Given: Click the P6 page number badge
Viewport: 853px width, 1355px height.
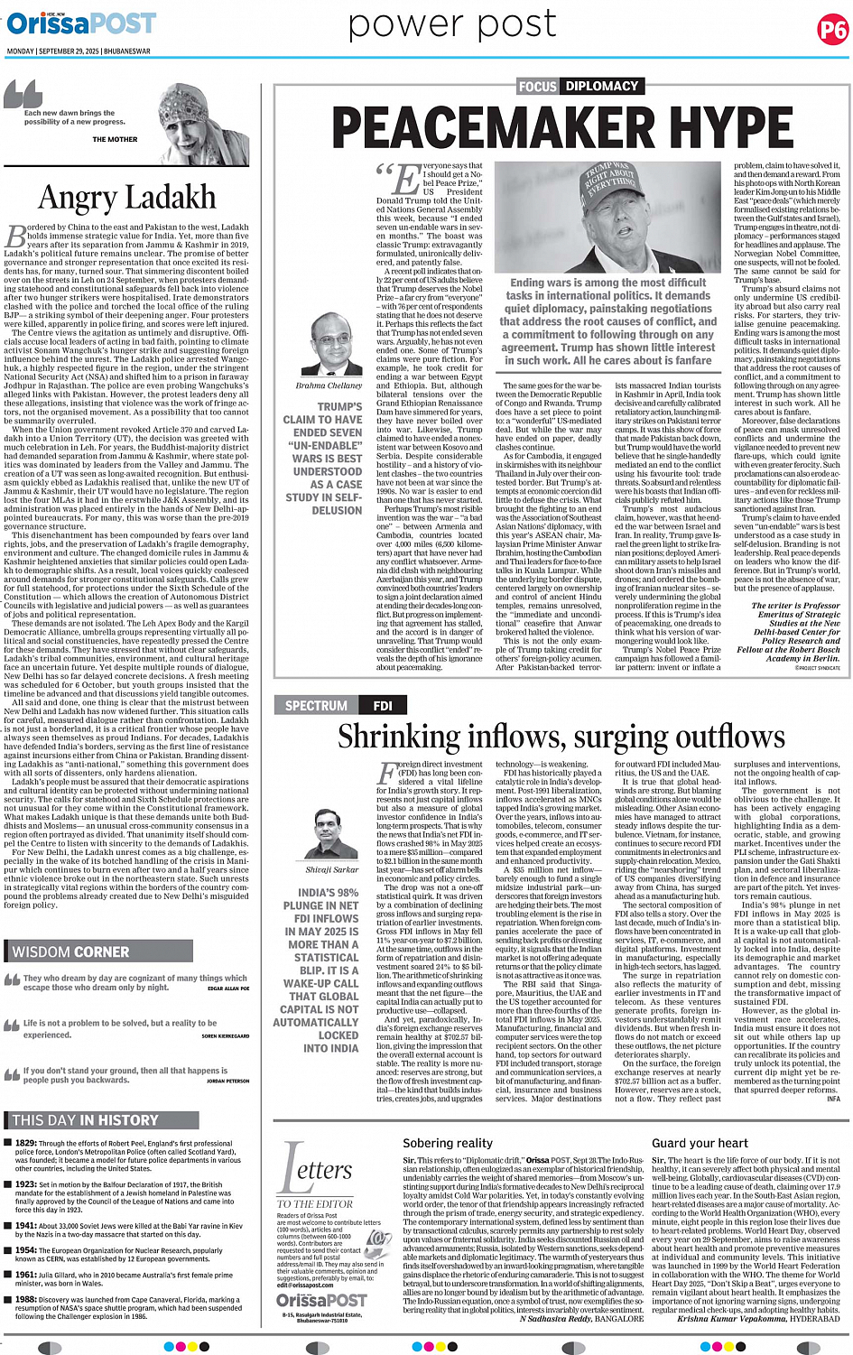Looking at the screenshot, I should pos(831,31).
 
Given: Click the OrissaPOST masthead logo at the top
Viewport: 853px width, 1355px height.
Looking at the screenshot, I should pos(81,23).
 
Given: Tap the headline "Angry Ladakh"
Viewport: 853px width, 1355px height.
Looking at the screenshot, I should pos(127,197).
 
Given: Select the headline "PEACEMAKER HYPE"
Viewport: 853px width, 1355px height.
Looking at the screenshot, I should pos(561,126).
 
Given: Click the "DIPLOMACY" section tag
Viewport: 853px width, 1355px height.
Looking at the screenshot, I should pos(601,86).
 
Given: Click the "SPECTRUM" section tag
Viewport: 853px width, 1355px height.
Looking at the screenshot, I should pos(316,706).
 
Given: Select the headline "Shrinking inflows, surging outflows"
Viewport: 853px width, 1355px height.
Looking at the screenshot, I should pos(560,738).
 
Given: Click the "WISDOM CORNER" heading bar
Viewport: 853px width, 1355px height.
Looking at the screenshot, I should pos(71,951).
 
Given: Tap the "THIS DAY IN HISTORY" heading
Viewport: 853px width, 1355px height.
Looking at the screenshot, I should pos(86,1120).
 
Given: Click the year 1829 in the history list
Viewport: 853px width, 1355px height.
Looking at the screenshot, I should pos(25,1143).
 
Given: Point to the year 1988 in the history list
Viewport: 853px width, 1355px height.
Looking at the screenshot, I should pos(25,1300).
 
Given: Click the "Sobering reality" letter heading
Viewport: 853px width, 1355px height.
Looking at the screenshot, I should pos(448,1143).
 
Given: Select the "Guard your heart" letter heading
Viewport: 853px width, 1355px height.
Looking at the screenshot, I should pos(700,1143).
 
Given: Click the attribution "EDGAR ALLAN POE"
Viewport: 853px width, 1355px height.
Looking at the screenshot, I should pos(227,988).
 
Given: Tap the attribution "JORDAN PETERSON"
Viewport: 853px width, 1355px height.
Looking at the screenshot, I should pos(227,1081).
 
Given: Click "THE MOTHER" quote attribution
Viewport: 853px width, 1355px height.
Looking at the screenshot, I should pos(115,140).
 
